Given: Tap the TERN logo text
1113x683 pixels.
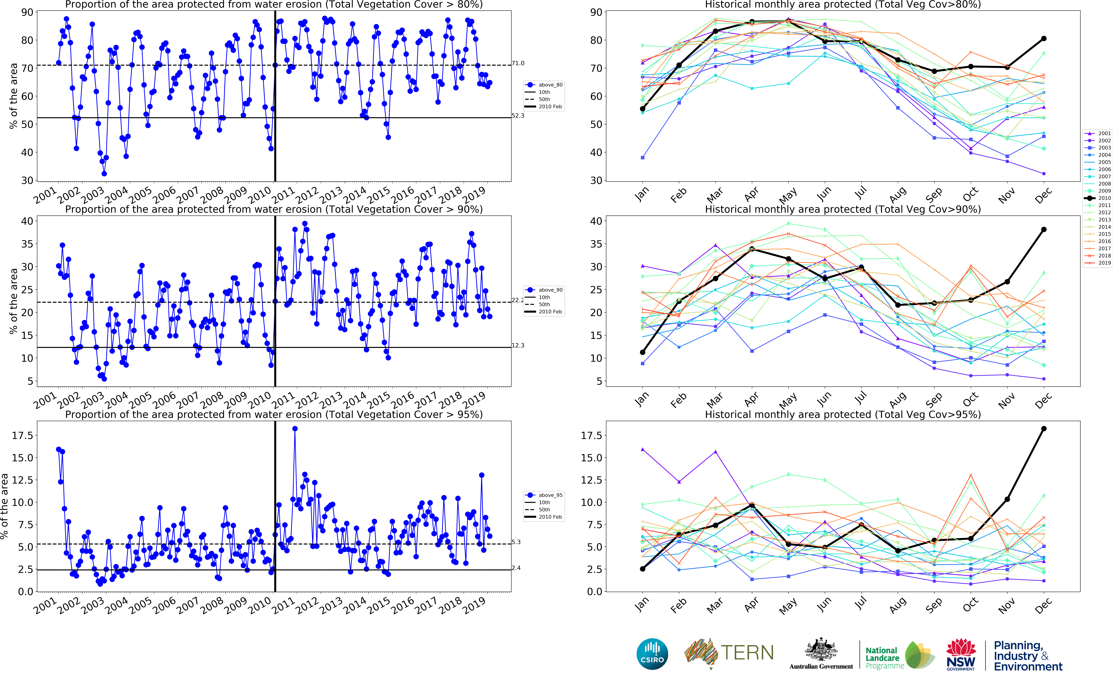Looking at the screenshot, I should point(747,653).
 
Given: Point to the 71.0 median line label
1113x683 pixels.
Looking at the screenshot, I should point(518,63).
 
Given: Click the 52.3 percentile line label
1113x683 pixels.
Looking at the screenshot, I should point(518,116).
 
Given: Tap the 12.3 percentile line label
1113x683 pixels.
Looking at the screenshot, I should point(518,346).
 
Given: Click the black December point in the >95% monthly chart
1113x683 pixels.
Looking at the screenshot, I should point(1044,429).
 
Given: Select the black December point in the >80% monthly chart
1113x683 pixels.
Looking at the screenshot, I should point(1044,39).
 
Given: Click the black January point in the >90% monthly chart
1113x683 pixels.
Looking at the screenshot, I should point(642,352).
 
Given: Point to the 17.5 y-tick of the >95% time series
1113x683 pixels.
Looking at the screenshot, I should point(23,435).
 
